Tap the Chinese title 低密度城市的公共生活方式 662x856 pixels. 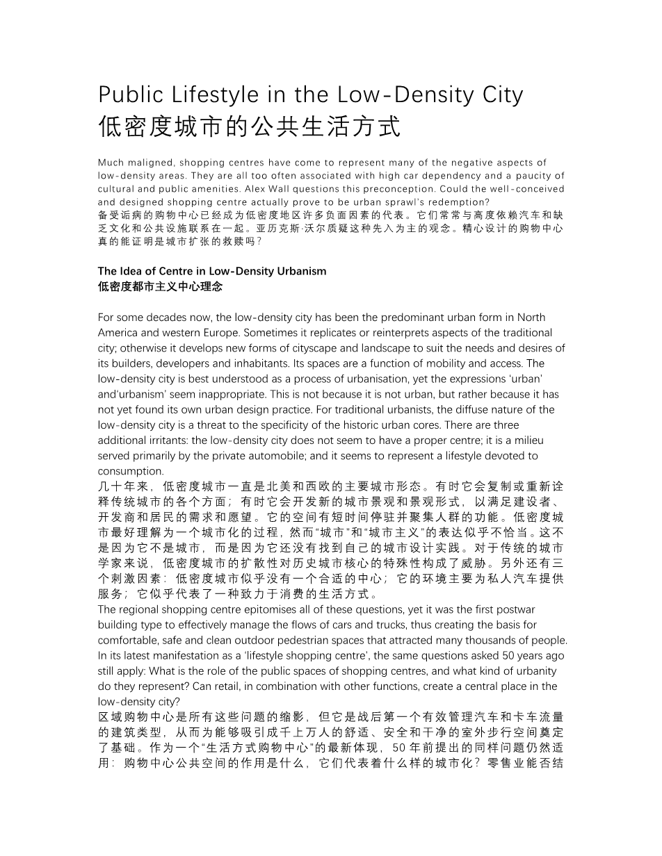(x=249, y=127)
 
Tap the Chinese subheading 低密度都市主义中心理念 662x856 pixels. (x=160, y=286)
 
